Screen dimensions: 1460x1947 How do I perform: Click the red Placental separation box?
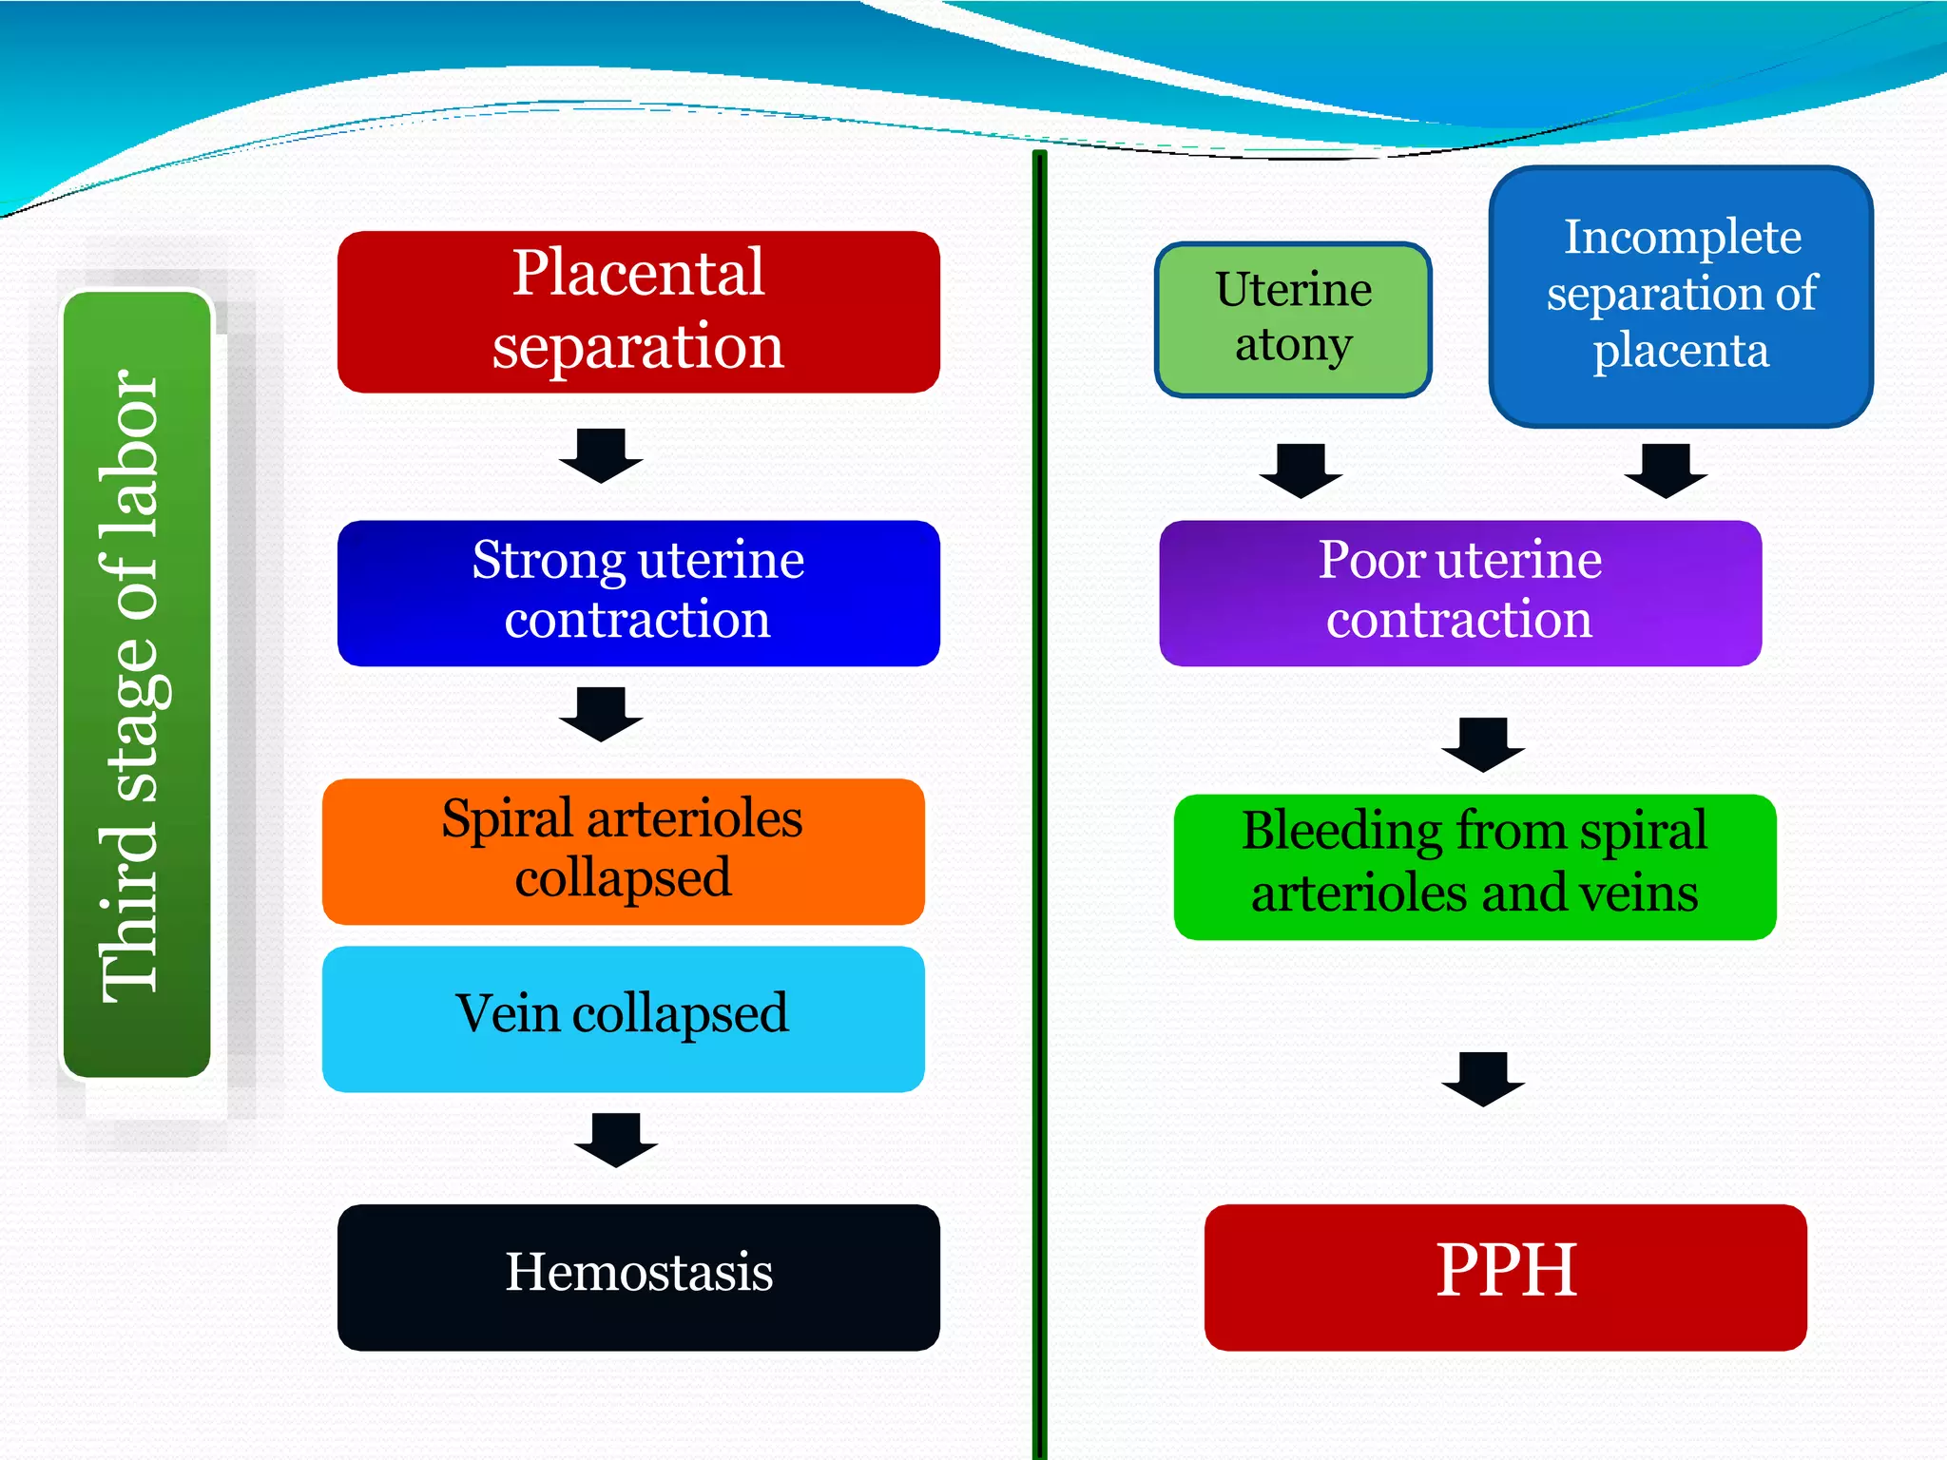(x=638, y=312)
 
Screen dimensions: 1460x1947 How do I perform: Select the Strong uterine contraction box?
(x=638, y=593)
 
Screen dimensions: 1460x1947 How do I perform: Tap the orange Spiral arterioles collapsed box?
(x=623, y=852)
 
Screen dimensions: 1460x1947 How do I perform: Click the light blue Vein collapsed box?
(x=623, y=1018)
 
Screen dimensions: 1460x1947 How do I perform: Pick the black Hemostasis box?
(x=638, y=1277)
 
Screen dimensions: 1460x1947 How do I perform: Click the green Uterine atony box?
(x=1293, y=319)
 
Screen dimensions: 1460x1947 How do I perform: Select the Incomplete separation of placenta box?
(x=1680, y=297)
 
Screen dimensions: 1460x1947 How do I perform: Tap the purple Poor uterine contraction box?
(x=1459, y=593)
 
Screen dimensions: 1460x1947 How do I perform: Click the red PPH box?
(x=1505, y=1277)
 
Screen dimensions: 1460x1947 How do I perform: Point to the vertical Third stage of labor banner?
(x=137, y=684)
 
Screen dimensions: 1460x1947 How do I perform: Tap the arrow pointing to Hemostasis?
(x=616, y=1140)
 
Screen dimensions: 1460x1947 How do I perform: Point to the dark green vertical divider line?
(x=1039, y=808)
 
